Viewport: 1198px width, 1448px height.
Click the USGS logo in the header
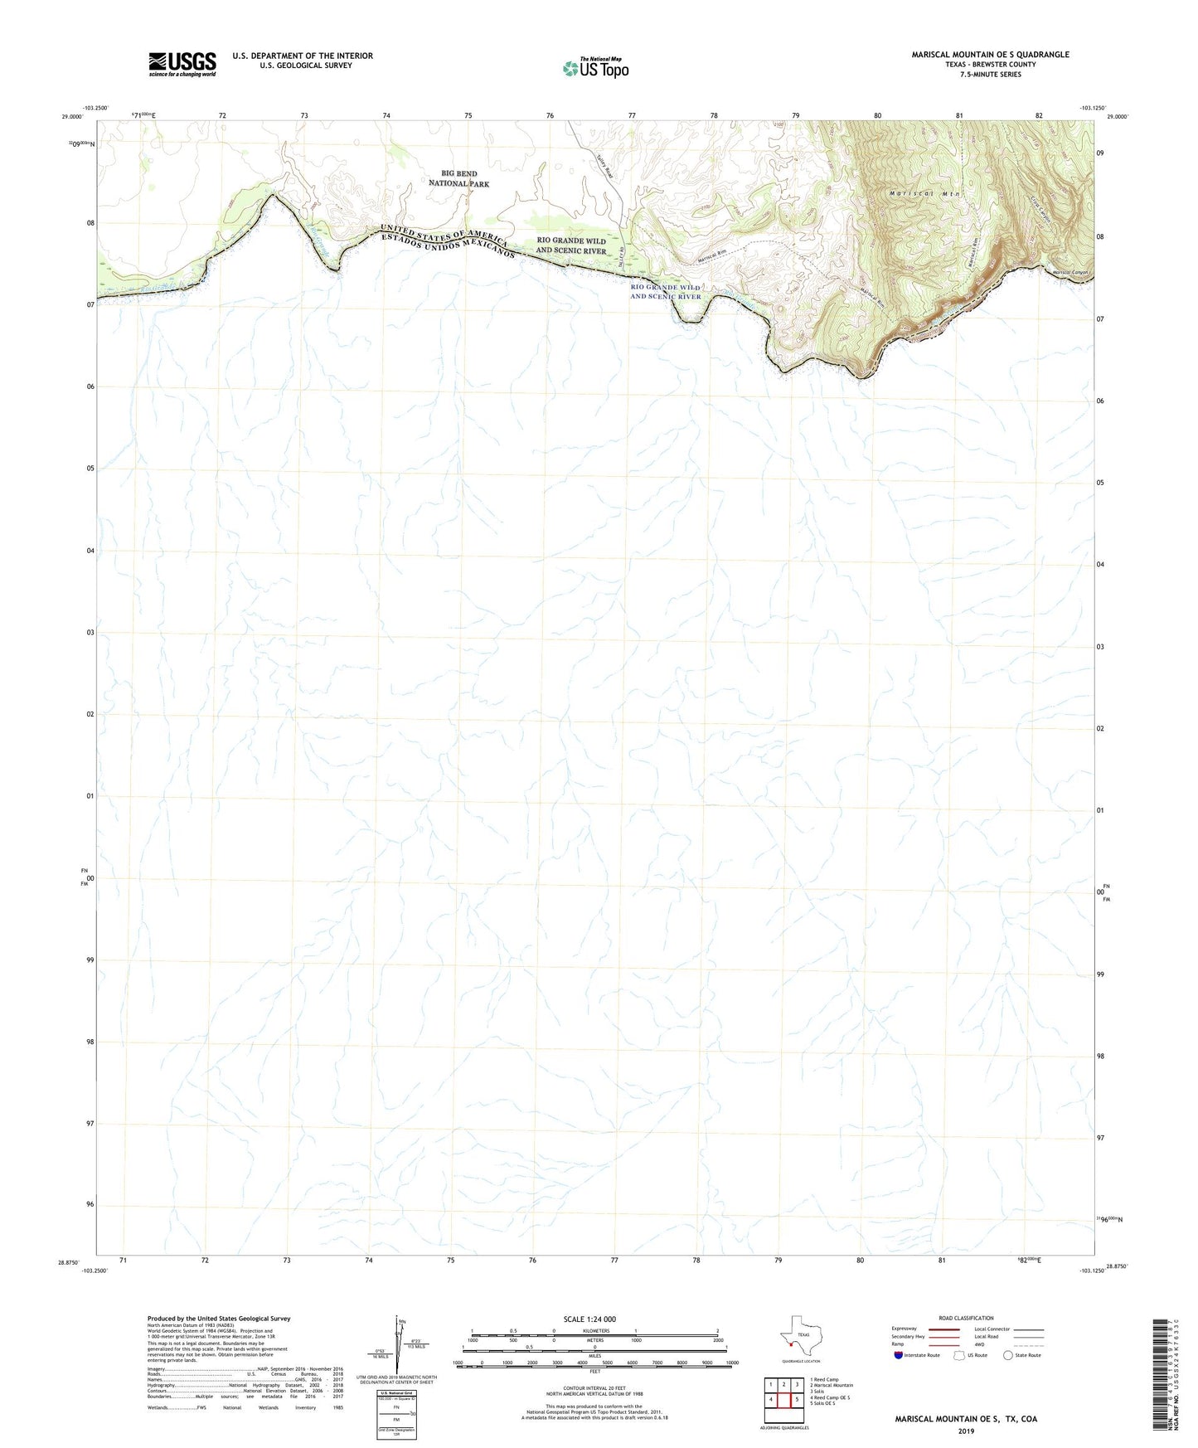pyautogui.click(x=182, y=64)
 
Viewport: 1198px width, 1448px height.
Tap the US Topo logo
pyautogui.click(x=595, y=68)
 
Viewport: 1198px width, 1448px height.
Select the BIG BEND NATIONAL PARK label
pyautogui.click(x=458, y=179)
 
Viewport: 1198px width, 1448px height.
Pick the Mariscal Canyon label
pyautogui.click(x=1069, y=273)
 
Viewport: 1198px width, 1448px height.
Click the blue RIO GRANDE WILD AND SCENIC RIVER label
pyautogui.click(x=665, y=292)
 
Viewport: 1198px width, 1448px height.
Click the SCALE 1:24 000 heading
pyautogui.click(x=589, y=1319)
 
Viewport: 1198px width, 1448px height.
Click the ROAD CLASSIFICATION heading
pyautogui.click(x=966, y=1318)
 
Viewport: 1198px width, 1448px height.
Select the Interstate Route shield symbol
pyautogui.click(x=899, y=1355)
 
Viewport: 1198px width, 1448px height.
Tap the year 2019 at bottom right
pyautogui.click(x=965, y=1431)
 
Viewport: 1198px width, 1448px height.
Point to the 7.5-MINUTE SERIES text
pyautogui.click(x=990, y=75)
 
